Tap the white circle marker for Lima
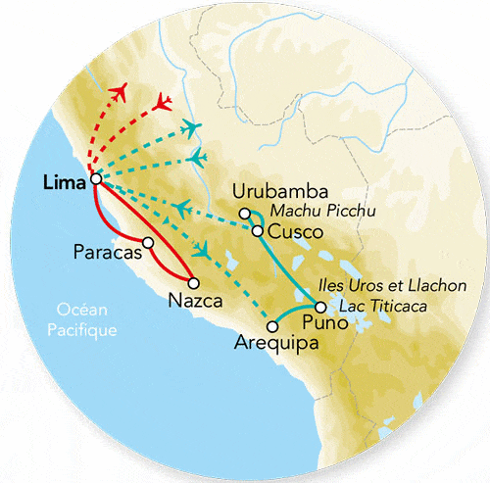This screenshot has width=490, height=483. [95, 179]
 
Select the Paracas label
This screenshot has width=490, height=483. [105, 252]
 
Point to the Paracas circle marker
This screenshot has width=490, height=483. [148, 243]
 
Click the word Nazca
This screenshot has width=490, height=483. [191, 300]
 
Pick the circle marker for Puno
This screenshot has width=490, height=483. [320, 308]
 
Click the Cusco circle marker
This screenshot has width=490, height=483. [257, 231]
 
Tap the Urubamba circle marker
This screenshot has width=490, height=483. [245, 213]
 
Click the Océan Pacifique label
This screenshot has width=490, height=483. [82, 322]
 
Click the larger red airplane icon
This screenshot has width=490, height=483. [122, 94]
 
